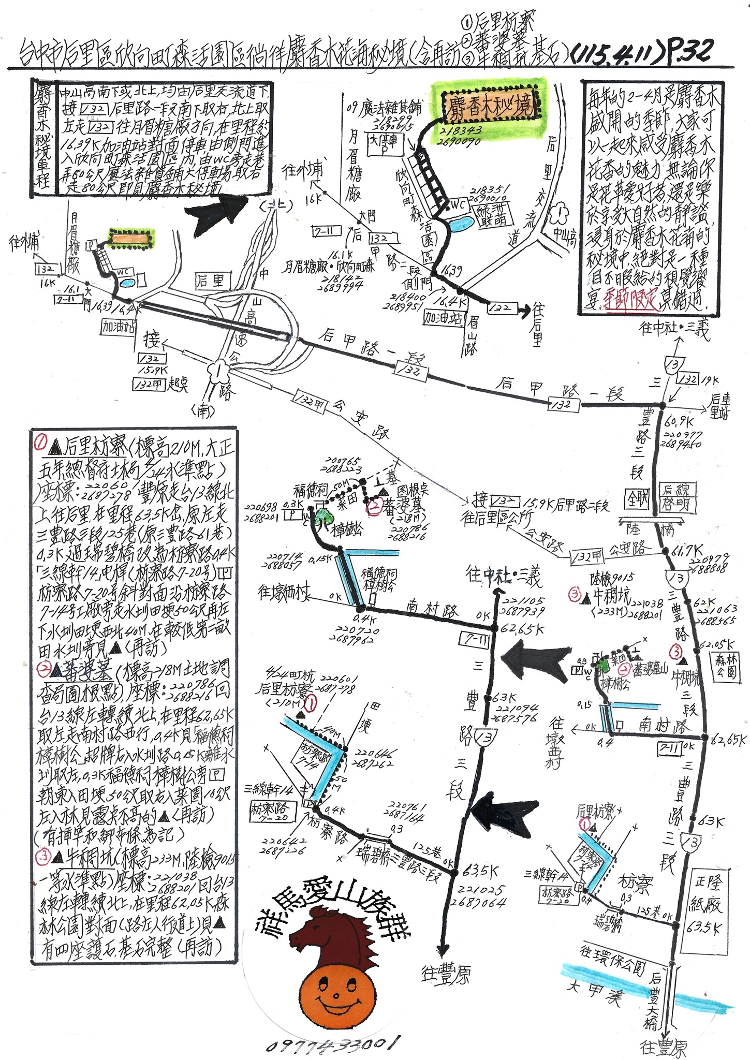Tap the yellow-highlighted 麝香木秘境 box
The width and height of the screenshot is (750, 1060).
pos(490,106)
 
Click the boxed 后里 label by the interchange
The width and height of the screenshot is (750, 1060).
pos(210,281)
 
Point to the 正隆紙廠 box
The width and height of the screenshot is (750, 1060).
pos(704,903)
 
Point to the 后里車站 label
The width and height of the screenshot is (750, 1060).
pos(719,406)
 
